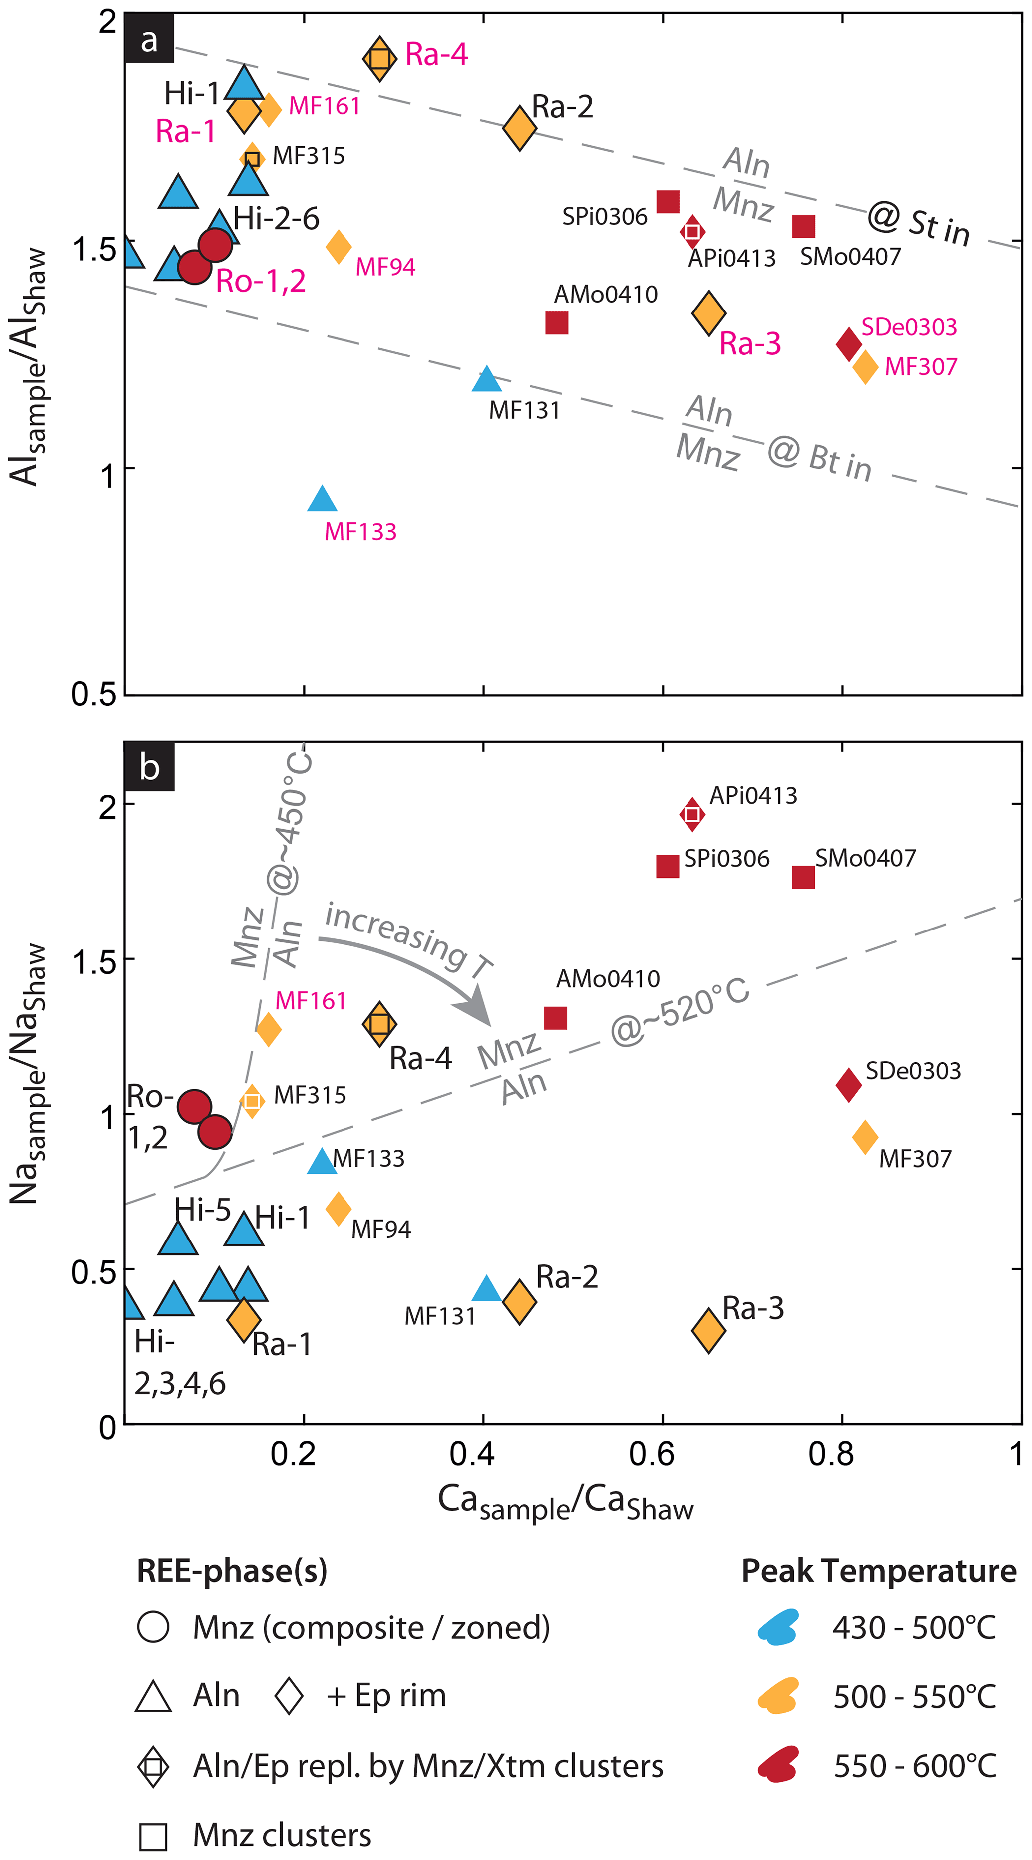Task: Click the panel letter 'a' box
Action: point(149,40)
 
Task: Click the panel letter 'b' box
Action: point(149,766)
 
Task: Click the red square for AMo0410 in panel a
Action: point(556,323)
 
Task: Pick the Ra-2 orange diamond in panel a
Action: point(519,128)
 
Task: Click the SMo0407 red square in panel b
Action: point(803,877)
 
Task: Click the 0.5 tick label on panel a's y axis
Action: point(93,694)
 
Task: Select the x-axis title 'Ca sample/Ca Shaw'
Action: point(566,1503)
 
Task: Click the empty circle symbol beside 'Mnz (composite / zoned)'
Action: point(153,1627)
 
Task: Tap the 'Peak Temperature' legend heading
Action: point(878,1570)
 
